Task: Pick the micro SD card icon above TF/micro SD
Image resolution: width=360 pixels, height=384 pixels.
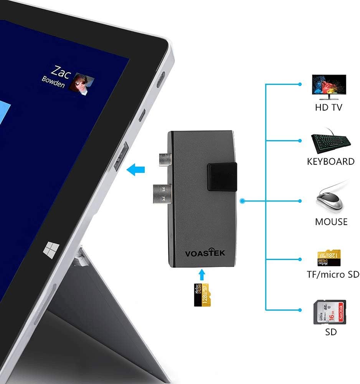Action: point(329,258)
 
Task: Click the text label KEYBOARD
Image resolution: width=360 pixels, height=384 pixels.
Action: point(330,162)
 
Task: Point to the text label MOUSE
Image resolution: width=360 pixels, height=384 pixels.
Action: point(331,222)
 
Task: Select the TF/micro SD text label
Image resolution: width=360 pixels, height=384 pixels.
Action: point(332,274)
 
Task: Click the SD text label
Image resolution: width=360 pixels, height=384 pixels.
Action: point(330,332)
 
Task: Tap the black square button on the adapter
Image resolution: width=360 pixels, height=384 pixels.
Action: point(222,176)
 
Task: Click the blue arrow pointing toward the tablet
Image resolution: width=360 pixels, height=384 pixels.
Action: point(137,169)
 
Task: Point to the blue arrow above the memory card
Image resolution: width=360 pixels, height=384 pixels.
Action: point(203,274)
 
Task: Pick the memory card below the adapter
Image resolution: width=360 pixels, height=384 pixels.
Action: point(202,295)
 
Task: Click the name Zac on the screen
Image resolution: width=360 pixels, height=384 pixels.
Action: point(61,71)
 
